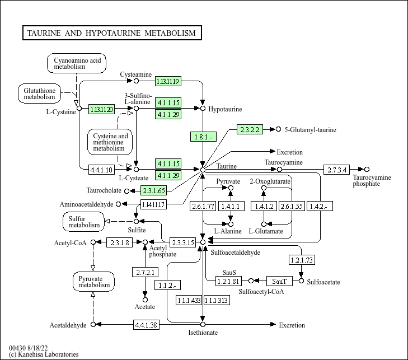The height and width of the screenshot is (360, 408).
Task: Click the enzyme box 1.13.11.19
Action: point(168,82)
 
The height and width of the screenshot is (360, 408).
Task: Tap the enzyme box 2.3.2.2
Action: point(250,129)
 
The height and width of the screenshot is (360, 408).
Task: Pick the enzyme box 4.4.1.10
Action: point(101,169)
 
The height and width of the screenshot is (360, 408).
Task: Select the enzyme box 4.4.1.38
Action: point(146,324)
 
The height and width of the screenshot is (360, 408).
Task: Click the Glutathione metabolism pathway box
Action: point(39,93)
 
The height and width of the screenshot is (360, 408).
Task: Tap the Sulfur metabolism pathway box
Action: point(84,222)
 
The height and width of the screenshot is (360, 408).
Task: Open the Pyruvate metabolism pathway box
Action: point(93,281)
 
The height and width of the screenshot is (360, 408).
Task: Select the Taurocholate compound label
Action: point(105,191)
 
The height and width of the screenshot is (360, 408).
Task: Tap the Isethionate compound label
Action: point(203,333)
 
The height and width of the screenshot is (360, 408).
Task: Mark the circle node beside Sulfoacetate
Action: point(302,280)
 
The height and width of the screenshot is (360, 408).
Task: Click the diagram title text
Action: point(111,33)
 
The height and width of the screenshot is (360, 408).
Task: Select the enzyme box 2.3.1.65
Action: point(153,190)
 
